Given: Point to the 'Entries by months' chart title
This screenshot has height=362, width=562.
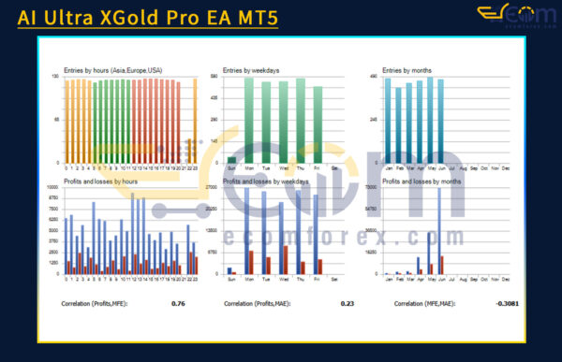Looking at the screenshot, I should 409,71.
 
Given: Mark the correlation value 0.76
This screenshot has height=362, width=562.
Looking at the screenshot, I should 178,304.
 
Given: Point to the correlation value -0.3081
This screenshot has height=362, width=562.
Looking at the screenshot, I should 508,304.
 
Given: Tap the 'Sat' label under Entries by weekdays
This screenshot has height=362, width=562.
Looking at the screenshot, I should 334,170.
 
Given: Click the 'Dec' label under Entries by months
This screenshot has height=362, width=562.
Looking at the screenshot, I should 507,170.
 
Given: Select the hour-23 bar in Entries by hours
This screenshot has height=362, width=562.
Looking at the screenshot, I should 195,122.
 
